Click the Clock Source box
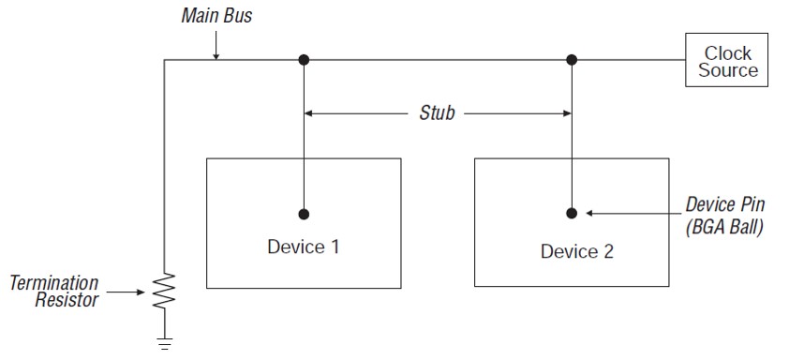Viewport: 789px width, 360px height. (726, 61)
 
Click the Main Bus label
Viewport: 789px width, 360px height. (216, 15)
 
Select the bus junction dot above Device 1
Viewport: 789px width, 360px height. (304, 60)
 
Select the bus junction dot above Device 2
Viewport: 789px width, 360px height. (572, 60)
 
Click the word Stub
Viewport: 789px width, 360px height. (437, 113)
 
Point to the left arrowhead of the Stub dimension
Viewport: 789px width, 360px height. (310, 113)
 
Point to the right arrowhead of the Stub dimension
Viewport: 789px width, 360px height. (565, 113)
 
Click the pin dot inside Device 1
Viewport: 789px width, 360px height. (304, 213)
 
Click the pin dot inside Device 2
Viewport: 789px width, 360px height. (572, 213)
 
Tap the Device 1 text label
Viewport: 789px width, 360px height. (304, 247)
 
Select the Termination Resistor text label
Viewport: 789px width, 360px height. (54, 291)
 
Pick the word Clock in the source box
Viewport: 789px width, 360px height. (727, 53)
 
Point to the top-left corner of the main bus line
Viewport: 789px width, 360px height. (165, 60)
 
